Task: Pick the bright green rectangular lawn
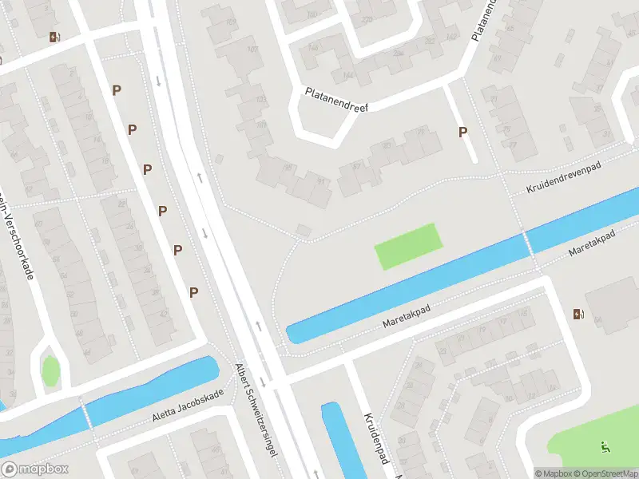tap(407, 246)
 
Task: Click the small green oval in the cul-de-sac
tap(50, 370)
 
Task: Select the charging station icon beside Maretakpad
tap(577, 314)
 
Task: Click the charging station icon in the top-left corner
tap(54, 37)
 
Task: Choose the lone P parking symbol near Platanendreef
tap(462, 133)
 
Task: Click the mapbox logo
tap(35, 469)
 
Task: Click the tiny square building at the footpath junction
tap(304, 231)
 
